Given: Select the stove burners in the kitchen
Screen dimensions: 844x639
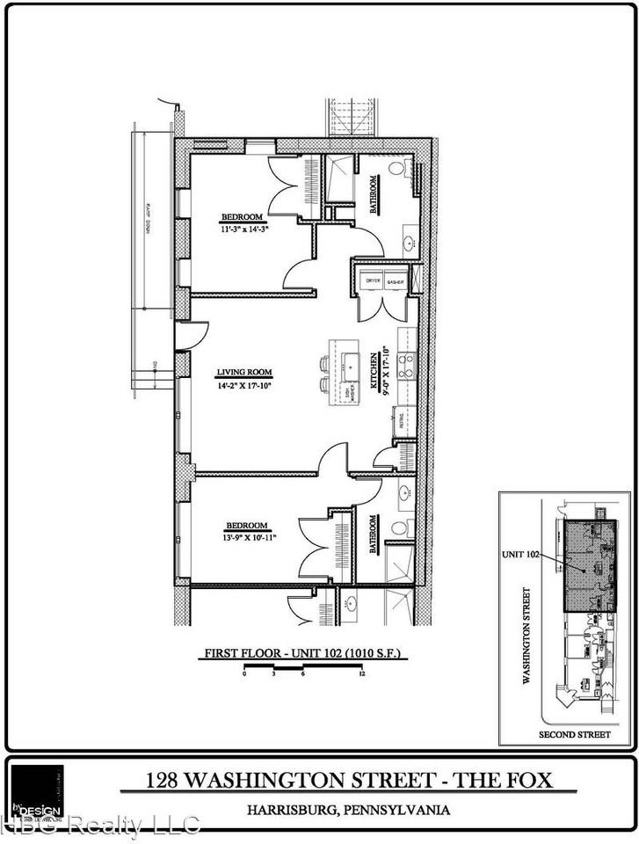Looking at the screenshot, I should click(x=405, y=365).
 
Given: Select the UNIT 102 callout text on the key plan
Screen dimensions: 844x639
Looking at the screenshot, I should click(x=519, y=553).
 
